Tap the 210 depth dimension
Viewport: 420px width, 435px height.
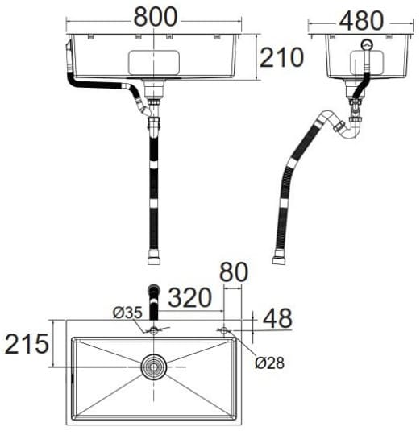point(281,57)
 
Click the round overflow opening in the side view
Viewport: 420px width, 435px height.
point(367,46)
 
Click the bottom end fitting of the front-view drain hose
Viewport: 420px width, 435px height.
point(153,258)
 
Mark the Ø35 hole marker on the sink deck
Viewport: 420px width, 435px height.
point(152,330)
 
